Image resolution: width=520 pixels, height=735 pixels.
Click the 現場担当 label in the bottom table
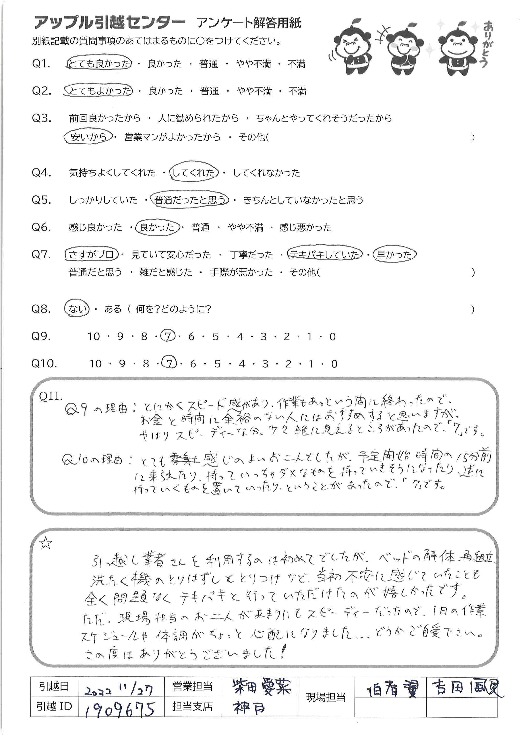(x=326, y=697)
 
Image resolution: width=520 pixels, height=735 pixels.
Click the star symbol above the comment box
(x=45, y=543)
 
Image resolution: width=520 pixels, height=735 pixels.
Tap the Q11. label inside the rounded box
(x=50, y=396)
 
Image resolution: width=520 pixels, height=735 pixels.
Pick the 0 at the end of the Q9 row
(x=332, y=336)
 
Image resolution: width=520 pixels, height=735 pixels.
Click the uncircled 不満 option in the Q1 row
(x=296, y=64)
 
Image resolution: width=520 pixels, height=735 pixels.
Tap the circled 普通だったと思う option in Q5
(x=190, y=200)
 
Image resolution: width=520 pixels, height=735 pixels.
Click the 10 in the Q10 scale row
(x=95, y=364)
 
